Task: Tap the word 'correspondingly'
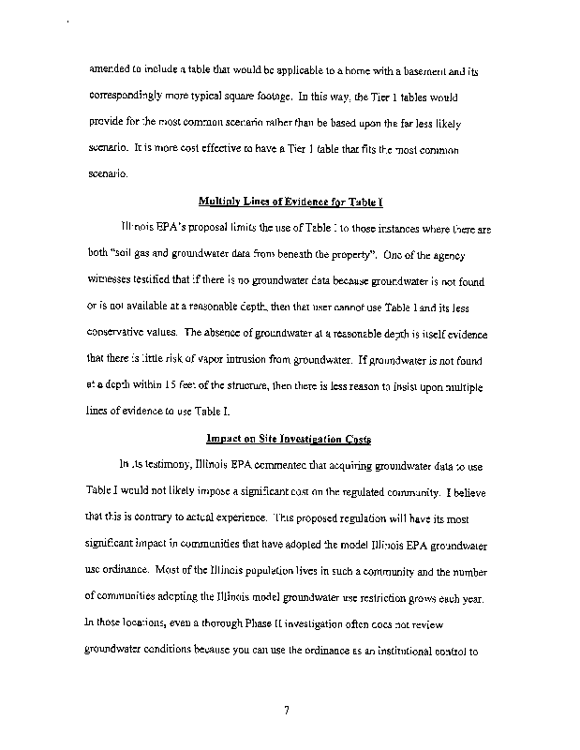[x=129, y=97]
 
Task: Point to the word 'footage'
[x=270, y=97]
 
